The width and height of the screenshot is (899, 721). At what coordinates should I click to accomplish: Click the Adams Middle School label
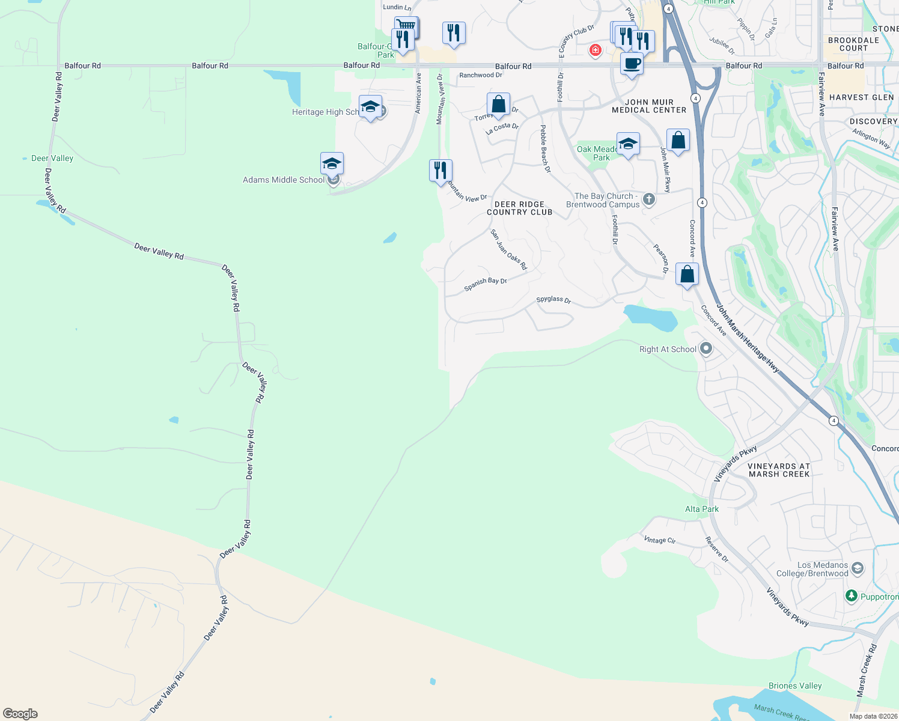[284, 180]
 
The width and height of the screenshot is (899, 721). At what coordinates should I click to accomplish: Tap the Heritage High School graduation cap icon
[370, 107]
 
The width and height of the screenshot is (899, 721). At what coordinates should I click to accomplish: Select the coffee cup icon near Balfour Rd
[632, 64]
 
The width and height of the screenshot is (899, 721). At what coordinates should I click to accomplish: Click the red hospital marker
[595, 50]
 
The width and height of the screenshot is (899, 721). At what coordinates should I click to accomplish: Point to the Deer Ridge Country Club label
[519, 208]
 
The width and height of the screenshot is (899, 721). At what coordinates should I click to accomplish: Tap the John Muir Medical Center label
[649, 106]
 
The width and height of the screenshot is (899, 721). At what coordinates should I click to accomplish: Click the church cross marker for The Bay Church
[648, 199]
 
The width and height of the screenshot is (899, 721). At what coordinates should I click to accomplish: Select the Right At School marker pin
[706, 348]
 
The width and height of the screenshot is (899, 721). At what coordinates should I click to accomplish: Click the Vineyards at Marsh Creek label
[779, 470]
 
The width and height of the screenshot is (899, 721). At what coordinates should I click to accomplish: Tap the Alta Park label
[702, 509]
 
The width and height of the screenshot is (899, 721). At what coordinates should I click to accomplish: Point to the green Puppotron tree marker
[851, 596]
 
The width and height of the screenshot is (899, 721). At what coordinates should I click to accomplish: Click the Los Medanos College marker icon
[858, 568]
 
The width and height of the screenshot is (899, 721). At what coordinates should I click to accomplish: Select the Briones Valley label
[795, 686]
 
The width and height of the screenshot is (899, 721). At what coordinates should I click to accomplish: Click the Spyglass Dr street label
[553, 299]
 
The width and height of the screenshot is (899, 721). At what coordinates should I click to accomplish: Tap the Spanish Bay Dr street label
[486, 284]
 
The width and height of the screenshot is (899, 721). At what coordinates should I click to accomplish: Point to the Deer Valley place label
[52, 158]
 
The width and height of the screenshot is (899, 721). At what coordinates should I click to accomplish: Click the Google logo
[20, 713]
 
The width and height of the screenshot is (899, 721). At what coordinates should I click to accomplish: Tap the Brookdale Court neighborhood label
[853, 44]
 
